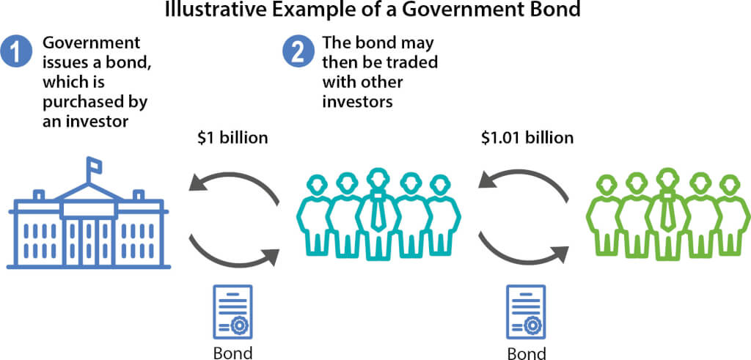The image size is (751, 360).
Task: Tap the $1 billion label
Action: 232,137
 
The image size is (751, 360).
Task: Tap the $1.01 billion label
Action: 527,137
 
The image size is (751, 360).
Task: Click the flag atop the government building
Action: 95,166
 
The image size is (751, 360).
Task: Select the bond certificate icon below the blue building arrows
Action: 232,312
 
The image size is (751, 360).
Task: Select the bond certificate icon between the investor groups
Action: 526,312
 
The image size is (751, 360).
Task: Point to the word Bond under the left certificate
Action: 232,353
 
